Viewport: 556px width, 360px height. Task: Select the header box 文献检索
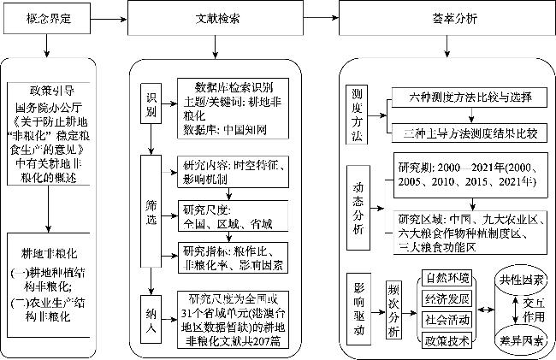point(214,17)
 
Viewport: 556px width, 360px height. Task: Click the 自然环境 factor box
point(447,279)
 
